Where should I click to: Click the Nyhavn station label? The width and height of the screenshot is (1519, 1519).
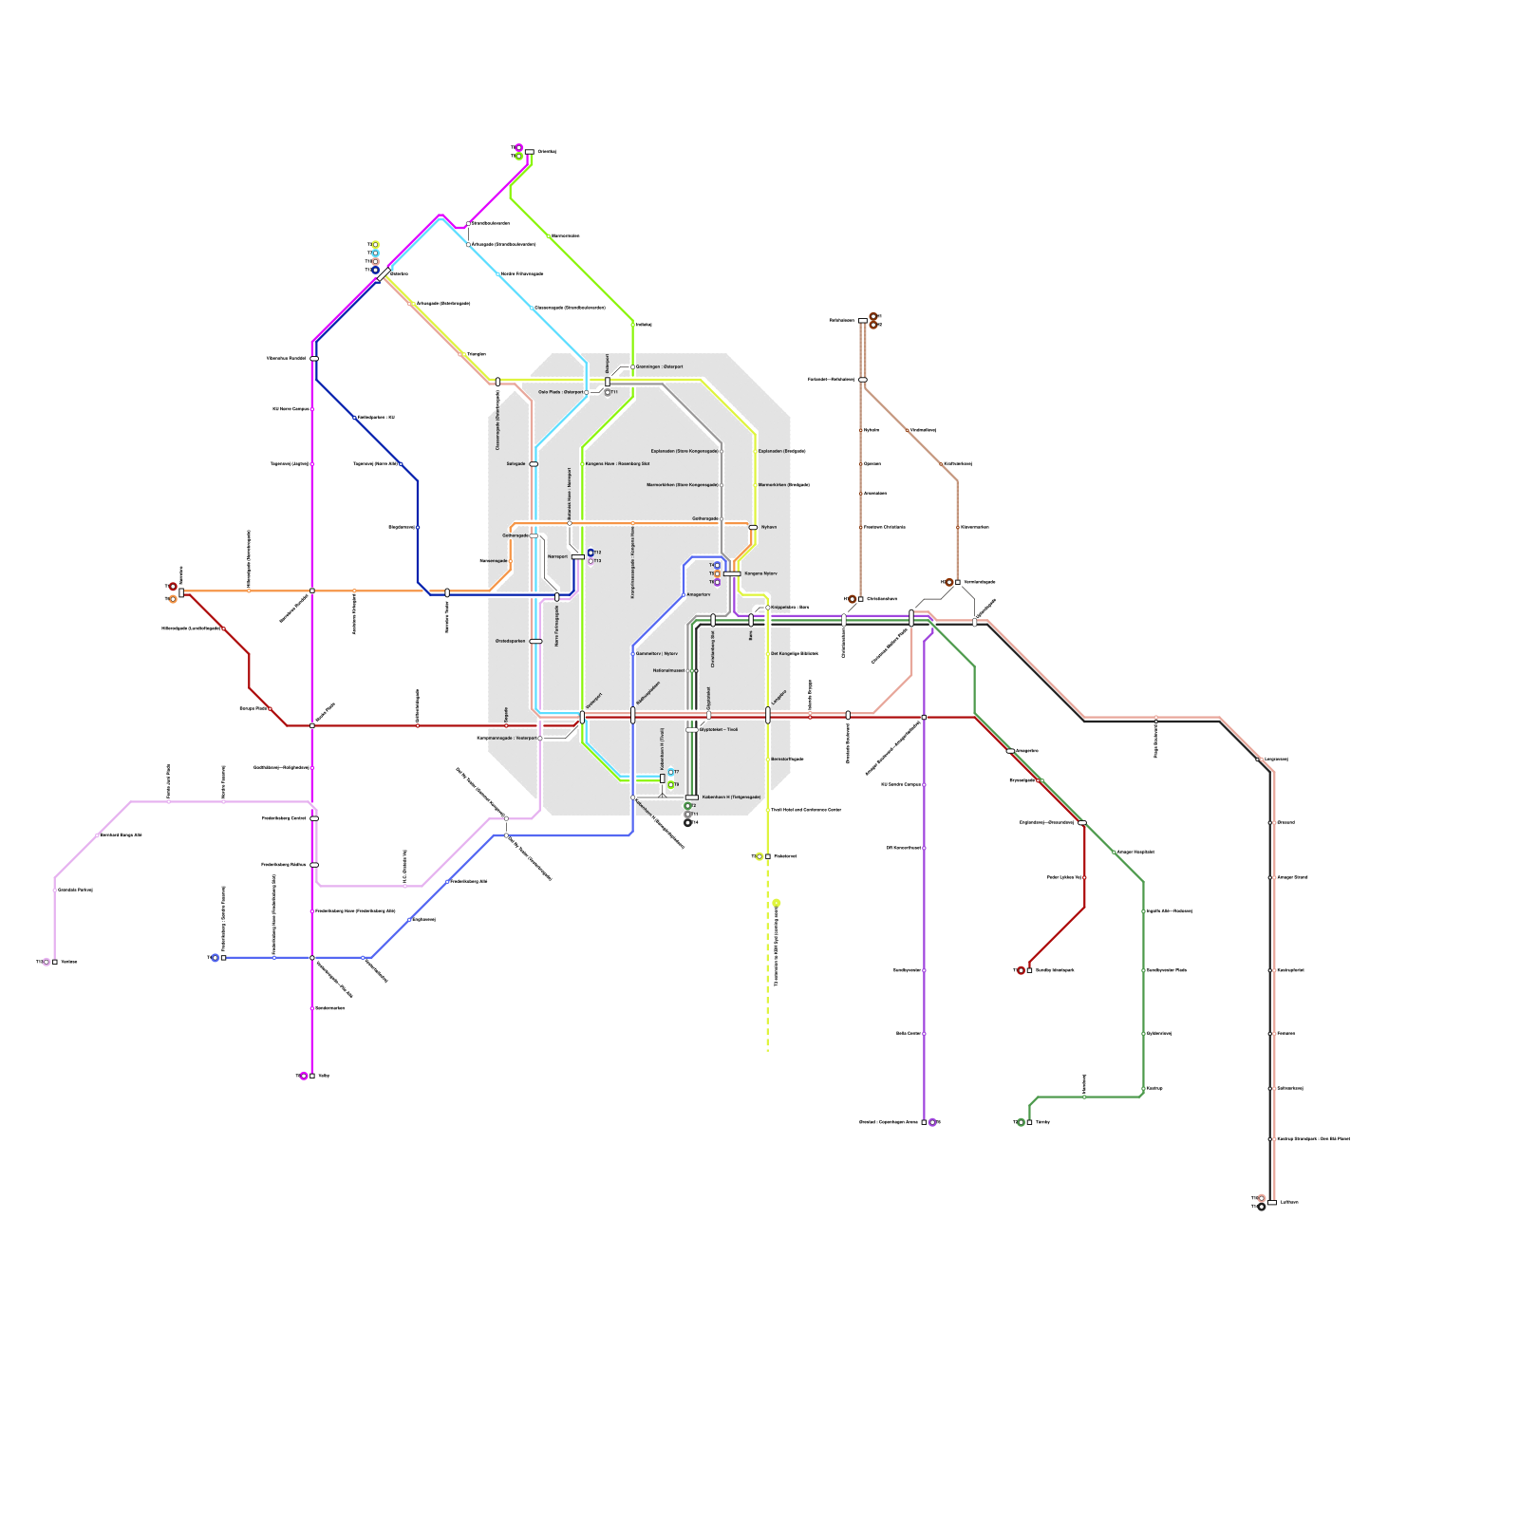click(x=769, y=527)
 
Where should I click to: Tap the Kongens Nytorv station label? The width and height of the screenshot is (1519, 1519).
click(x=760, y=573)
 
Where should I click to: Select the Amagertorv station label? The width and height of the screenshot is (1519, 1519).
click(x=699, y=595)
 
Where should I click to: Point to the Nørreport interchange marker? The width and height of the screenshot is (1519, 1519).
click(x=577, y=557)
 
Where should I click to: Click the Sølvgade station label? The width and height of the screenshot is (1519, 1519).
click(x=516, y=464)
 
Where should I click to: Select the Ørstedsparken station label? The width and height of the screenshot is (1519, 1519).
click(x=510, y=642)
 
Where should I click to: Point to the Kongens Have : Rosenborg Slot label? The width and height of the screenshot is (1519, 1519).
click(x=617, y=464)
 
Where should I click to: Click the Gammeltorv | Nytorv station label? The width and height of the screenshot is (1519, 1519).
click(x=657, y=654)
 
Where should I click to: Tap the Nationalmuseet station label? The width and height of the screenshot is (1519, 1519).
click(x=668, y=671)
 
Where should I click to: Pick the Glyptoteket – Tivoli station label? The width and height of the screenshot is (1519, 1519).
click(x=719, y=730)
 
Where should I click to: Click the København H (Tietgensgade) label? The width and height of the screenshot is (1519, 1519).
click(x=731, y=797)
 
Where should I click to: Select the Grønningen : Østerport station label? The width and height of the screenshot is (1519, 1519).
click(x=659, y=366)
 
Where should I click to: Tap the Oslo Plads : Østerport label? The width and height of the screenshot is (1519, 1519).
click(x=560, y=392)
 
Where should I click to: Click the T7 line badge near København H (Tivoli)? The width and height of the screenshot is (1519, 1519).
click(x=671, y=772)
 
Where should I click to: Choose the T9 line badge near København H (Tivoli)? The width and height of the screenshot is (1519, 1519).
click(x=671, y=785)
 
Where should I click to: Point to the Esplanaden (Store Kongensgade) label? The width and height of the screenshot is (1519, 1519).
click(x=684, y=451)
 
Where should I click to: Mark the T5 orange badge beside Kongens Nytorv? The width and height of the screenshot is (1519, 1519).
click(x=717, y=573)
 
